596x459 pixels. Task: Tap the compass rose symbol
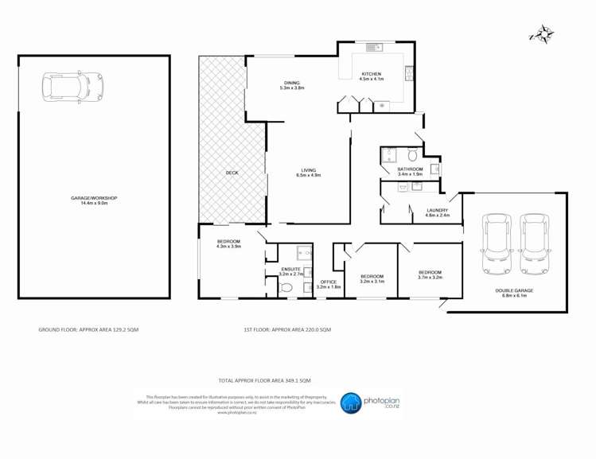click(x=542, y=34)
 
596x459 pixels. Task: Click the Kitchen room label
click(x=371, y=76)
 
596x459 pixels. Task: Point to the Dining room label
click(x=292, y=84)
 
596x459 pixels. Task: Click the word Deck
click(x=232, y=173)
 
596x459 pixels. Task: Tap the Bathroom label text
click(x=410, y=171)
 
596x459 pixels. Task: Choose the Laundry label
click(x=438, y=212)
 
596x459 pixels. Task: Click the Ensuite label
click(x=290, y=271)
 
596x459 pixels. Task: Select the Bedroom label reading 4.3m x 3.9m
click(x=228, y=243)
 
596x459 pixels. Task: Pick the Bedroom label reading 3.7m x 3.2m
click(x=430, y=275)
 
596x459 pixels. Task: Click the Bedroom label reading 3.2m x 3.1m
click(x=372, y=279)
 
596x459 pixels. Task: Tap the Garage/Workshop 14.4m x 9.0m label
click(x=94, y=200)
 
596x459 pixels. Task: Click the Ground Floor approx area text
click(x=88, y=329)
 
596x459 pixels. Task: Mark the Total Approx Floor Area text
click(x=264, y=380)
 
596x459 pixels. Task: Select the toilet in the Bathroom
click(x=413, y=154)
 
